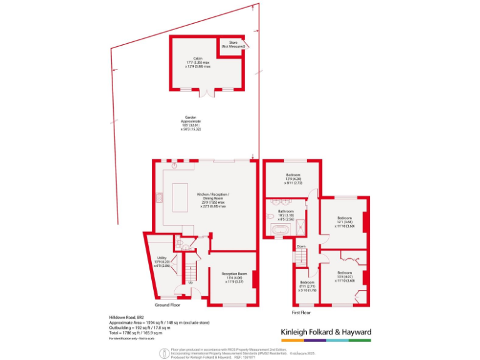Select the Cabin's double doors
point(206,92)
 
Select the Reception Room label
point(234,277)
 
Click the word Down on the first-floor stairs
point(301,246)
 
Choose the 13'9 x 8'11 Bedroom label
point(293,179)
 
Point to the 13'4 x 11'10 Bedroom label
point(345,277)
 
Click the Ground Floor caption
point(167,305)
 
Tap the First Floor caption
point(301,311)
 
